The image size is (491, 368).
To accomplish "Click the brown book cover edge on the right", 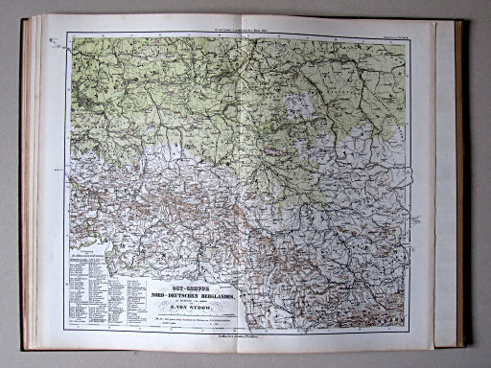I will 461,182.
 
